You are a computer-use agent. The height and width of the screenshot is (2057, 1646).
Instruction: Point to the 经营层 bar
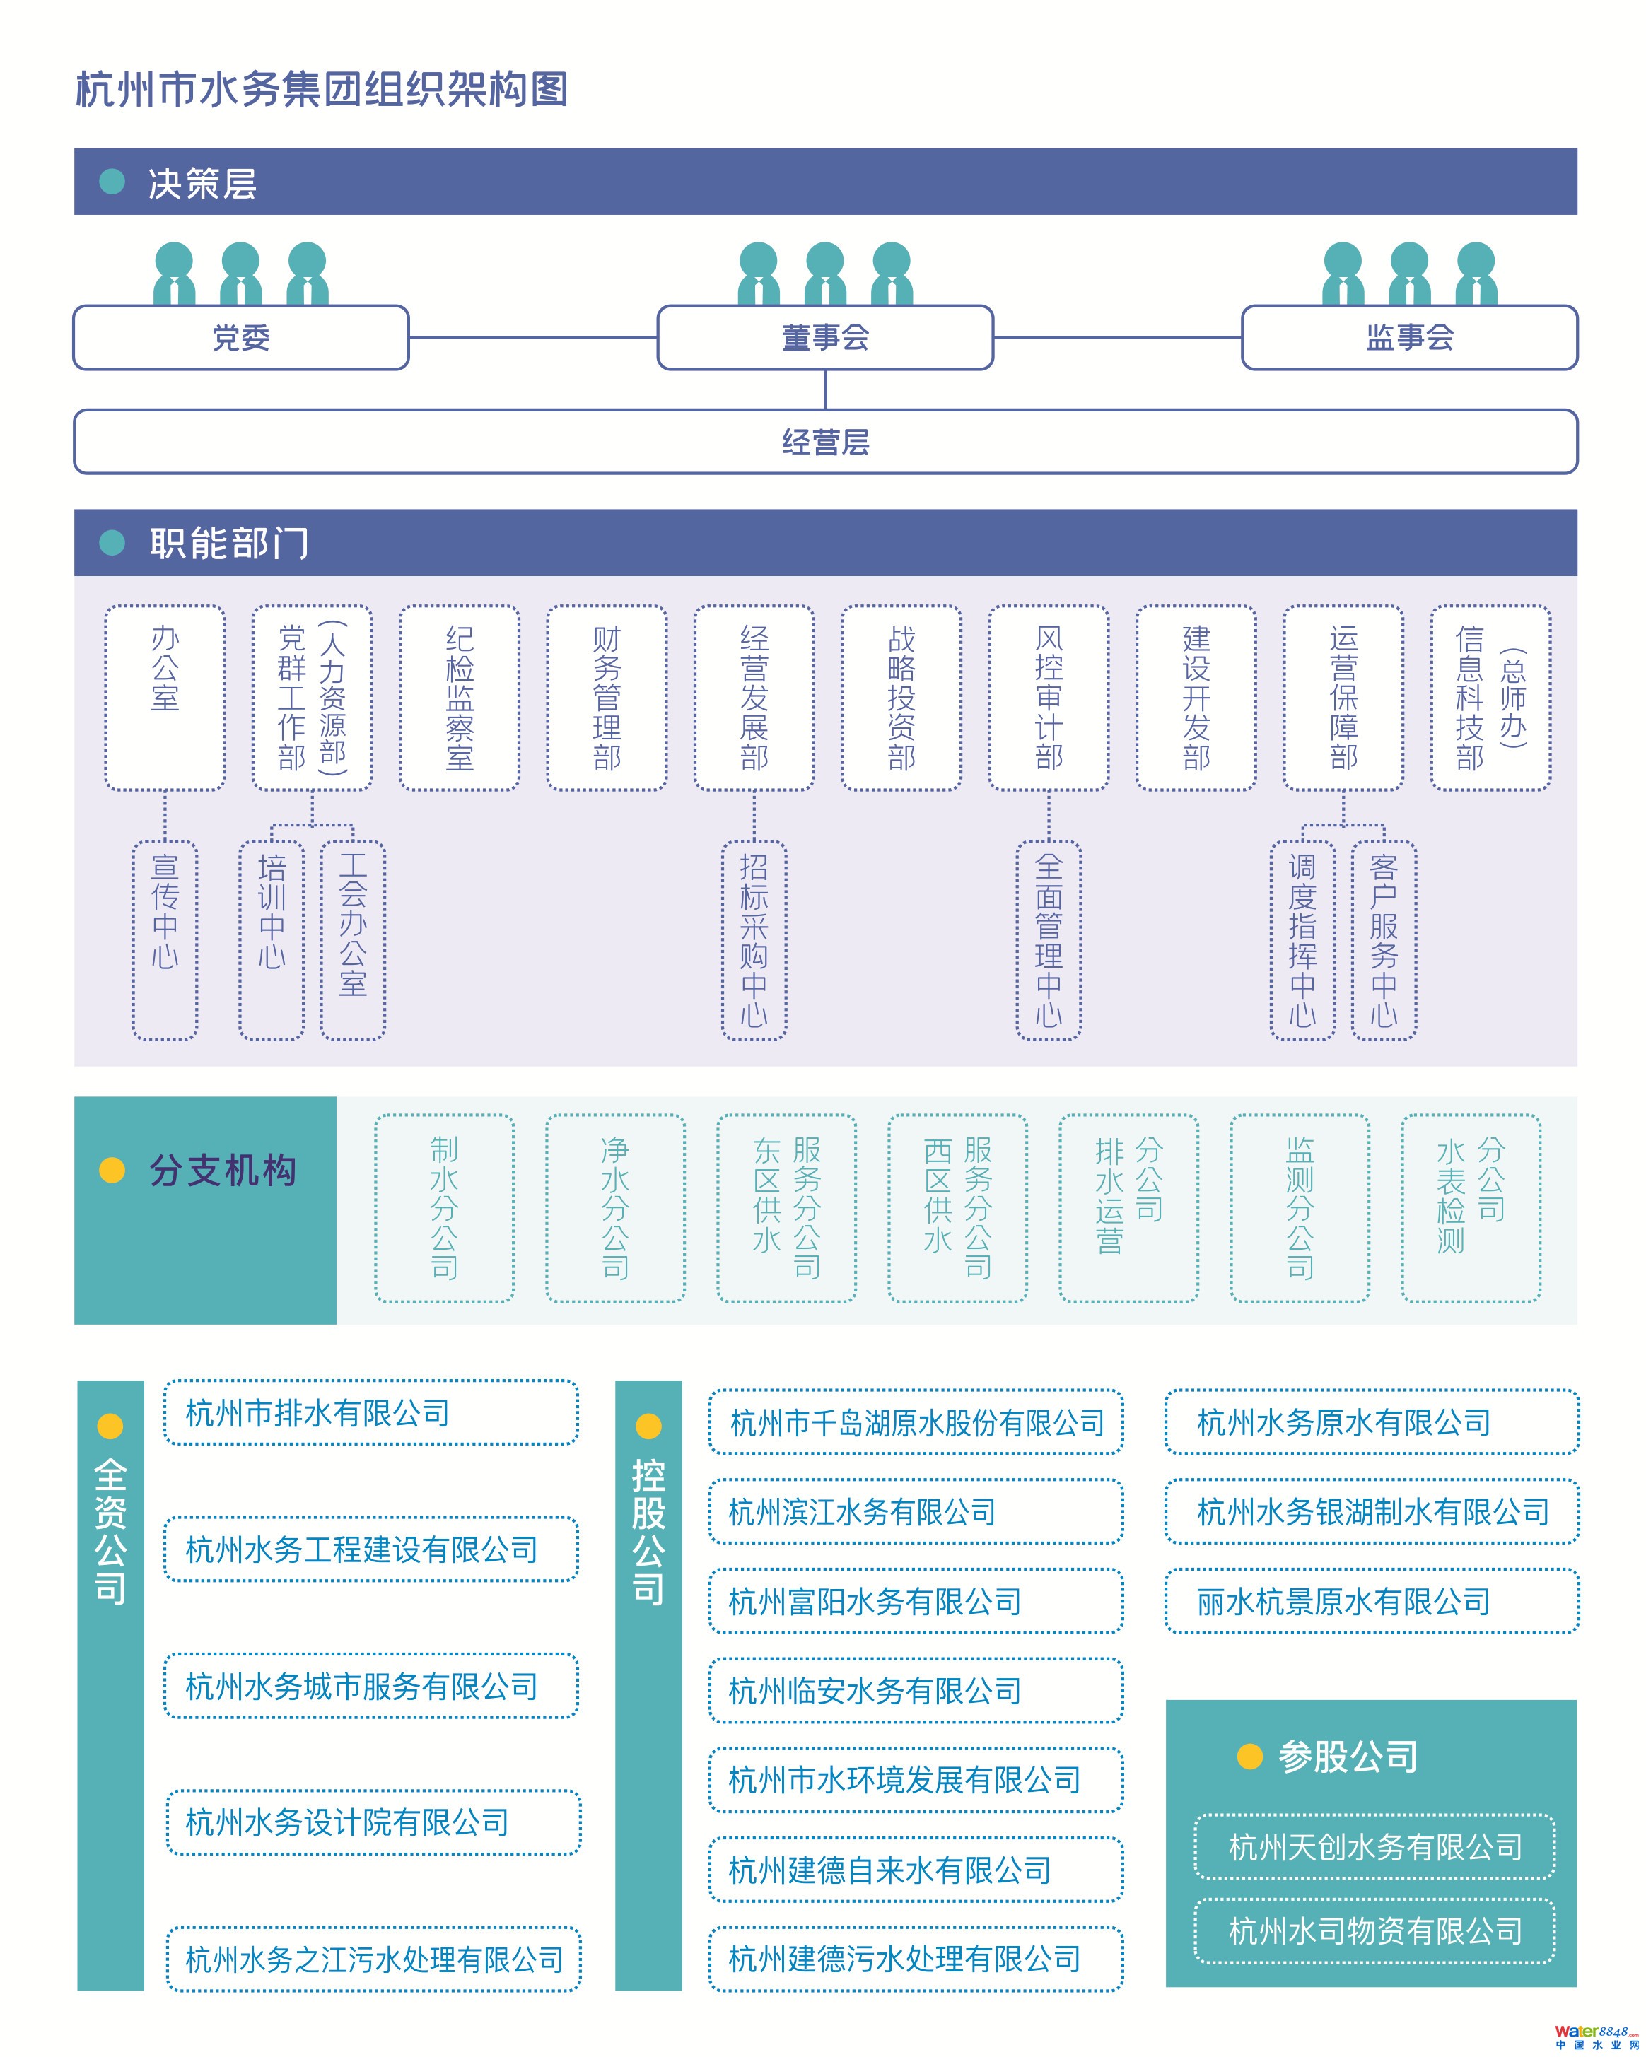tap(824, 442)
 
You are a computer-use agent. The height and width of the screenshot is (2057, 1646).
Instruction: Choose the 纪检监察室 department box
tap(459, 698)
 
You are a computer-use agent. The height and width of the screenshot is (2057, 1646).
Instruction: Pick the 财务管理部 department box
tap(606, 698)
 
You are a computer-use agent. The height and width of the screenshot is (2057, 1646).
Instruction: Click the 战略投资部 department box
tap(901, 698)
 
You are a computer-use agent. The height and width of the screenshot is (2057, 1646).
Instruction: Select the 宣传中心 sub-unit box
tap(165, 939)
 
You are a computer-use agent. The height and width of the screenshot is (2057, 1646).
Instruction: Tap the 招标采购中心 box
tap(754, 939)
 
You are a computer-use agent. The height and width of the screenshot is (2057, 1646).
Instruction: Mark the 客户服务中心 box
tap(1384, 939)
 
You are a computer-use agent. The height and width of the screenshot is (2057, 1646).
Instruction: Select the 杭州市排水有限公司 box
tap(370, 1412)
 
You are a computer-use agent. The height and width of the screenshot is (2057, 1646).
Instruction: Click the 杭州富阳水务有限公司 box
tap(915, 1601)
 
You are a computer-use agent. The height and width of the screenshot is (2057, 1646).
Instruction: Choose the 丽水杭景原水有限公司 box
tap(1371, 1601)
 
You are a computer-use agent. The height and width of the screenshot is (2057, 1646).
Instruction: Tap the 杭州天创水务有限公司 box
tap(1374, 1846)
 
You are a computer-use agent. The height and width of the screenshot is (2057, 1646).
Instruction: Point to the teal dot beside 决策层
tap(112, 181)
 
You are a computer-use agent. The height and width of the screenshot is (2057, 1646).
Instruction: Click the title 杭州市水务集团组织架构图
tap(322, 90)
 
